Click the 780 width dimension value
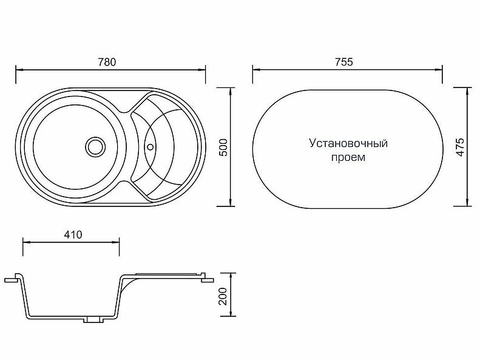point(106,61)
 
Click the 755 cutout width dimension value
point(343,61)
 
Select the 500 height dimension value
point(223,148)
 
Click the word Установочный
point(348,144)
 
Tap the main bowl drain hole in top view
point(94,146)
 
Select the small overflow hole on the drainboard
point(150,146)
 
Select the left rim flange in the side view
point(12,280)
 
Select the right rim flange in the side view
point(207,279)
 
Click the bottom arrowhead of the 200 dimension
point(231,318)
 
